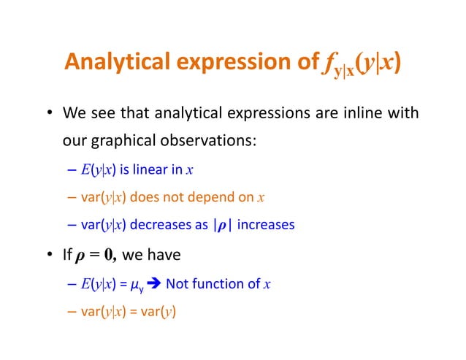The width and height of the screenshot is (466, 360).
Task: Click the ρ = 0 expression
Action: [96, 256]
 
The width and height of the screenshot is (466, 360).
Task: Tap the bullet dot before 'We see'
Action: [50, 115]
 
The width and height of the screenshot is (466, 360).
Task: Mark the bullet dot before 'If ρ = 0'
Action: [50, 256]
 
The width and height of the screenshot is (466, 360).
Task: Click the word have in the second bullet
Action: [161, 256]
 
